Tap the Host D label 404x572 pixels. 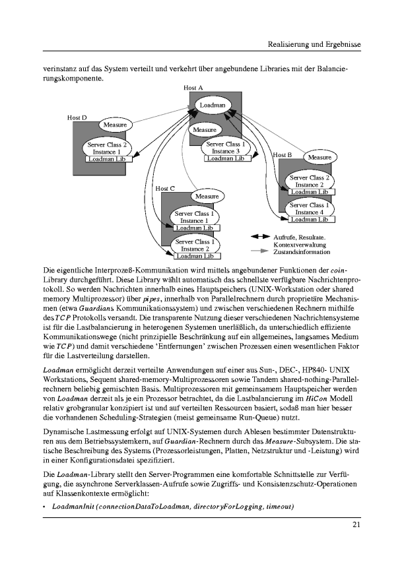pyautogui.click(x=77, y=117)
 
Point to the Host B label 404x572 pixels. pyautogui.click(x=282, y=155)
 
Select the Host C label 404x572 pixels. pyautogui.click(x=164, y=189)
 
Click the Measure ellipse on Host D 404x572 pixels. pyautogui.click(x=116, y=124)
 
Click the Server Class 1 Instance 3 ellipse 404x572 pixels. pyautogui.click(x=226, y=147)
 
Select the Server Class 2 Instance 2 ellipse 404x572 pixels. pyautogui.click(x=308, y=181)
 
